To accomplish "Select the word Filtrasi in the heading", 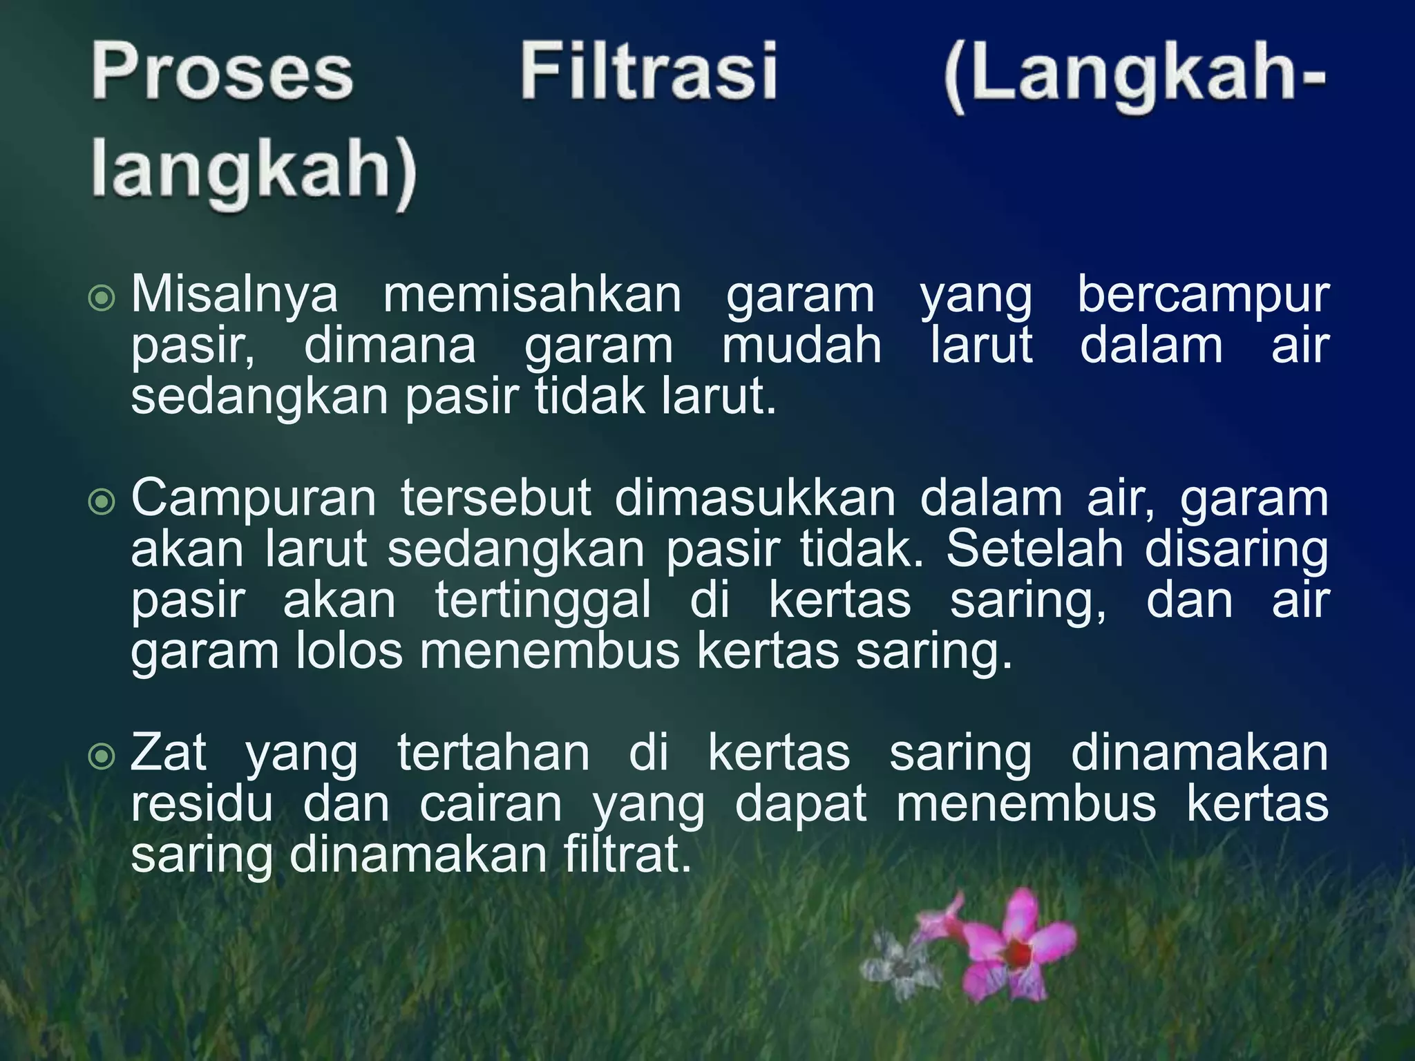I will (649, 72).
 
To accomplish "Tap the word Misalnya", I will (234, 295).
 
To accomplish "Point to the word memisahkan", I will (532, 295).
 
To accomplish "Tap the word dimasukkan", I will (754, 498).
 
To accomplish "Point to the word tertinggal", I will (543, 601).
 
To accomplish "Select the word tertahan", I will (493, 753).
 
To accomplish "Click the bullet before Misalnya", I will (102, 298).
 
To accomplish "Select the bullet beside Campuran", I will (102, 502).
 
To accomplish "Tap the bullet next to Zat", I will (102, 757).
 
